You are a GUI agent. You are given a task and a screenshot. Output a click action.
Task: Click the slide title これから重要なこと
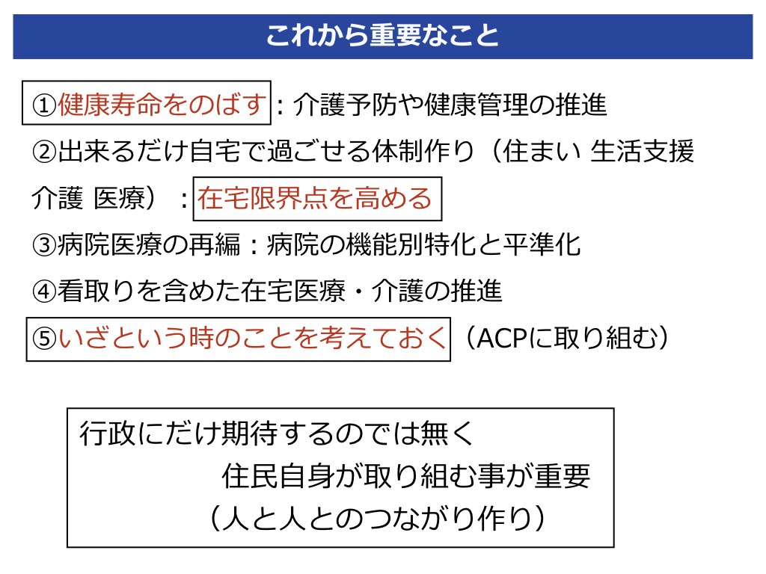pos(382,36)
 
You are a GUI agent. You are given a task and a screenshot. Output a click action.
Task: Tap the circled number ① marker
pos(44,105)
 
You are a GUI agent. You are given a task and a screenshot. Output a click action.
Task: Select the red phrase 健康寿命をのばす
pos(162,105)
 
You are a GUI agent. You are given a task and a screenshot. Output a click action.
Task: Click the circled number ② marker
pos(44,152)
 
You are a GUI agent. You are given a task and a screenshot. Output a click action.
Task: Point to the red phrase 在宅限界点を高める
pos(315,198)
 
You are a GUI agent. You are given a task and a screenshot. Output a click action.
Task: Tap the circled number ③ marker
pos(44,245)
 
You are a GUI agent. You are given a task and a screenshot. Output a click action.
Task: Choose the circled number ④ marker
pos(44,291)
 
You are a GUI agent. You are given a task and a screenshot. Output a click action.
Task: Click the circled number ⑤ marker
pos(44,339)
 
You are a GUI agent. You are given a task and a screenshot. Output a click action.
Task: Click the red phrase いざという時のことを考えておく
pos(252,339)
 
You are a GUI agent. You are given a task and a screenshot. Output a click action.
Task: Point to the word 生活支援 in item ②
pos(642,151)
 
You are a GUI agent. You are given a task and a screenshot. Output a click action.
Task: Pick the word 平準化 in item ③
pos(542,244)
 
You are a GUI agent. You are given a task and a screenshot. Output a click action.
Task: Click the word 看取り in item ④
pos(96,291)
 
